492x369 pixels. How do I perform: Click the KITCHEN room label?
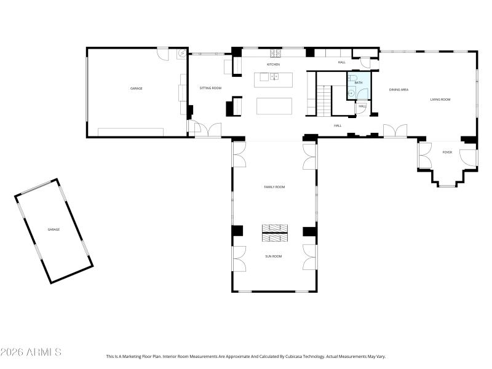(x=273, y=65)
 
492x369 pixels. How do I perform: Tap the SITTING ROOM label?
(x=210, y=88)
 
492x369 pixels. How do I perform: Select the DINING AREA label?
(x=399, y=90)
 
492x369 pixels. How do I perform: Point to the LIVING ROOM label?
(x=440, y=99)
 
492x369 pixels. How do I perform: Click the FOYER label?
(x=447, y=152)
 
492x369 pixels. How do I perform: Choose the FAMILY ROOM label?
(x=274, y=187)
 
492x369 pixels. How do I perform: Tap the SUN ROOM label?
(x=273, y=256)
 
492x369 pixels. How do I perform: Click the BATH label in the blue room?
(x=359, y=82)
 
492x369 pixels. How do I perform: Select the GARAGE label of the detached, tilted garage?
(x=54, y=229)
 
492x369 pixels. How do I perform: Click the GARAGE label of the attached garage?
(x=136, y=89)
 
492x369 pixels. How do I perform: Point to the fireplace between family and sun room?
(x=274, y=232)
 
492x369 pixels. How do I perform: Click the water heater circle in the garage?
(x=181, y=54)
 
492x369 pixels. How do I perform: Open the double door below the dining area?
(x=395, y=132)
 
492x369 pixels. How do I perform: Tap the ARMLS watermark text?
(x=31, y=352)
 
